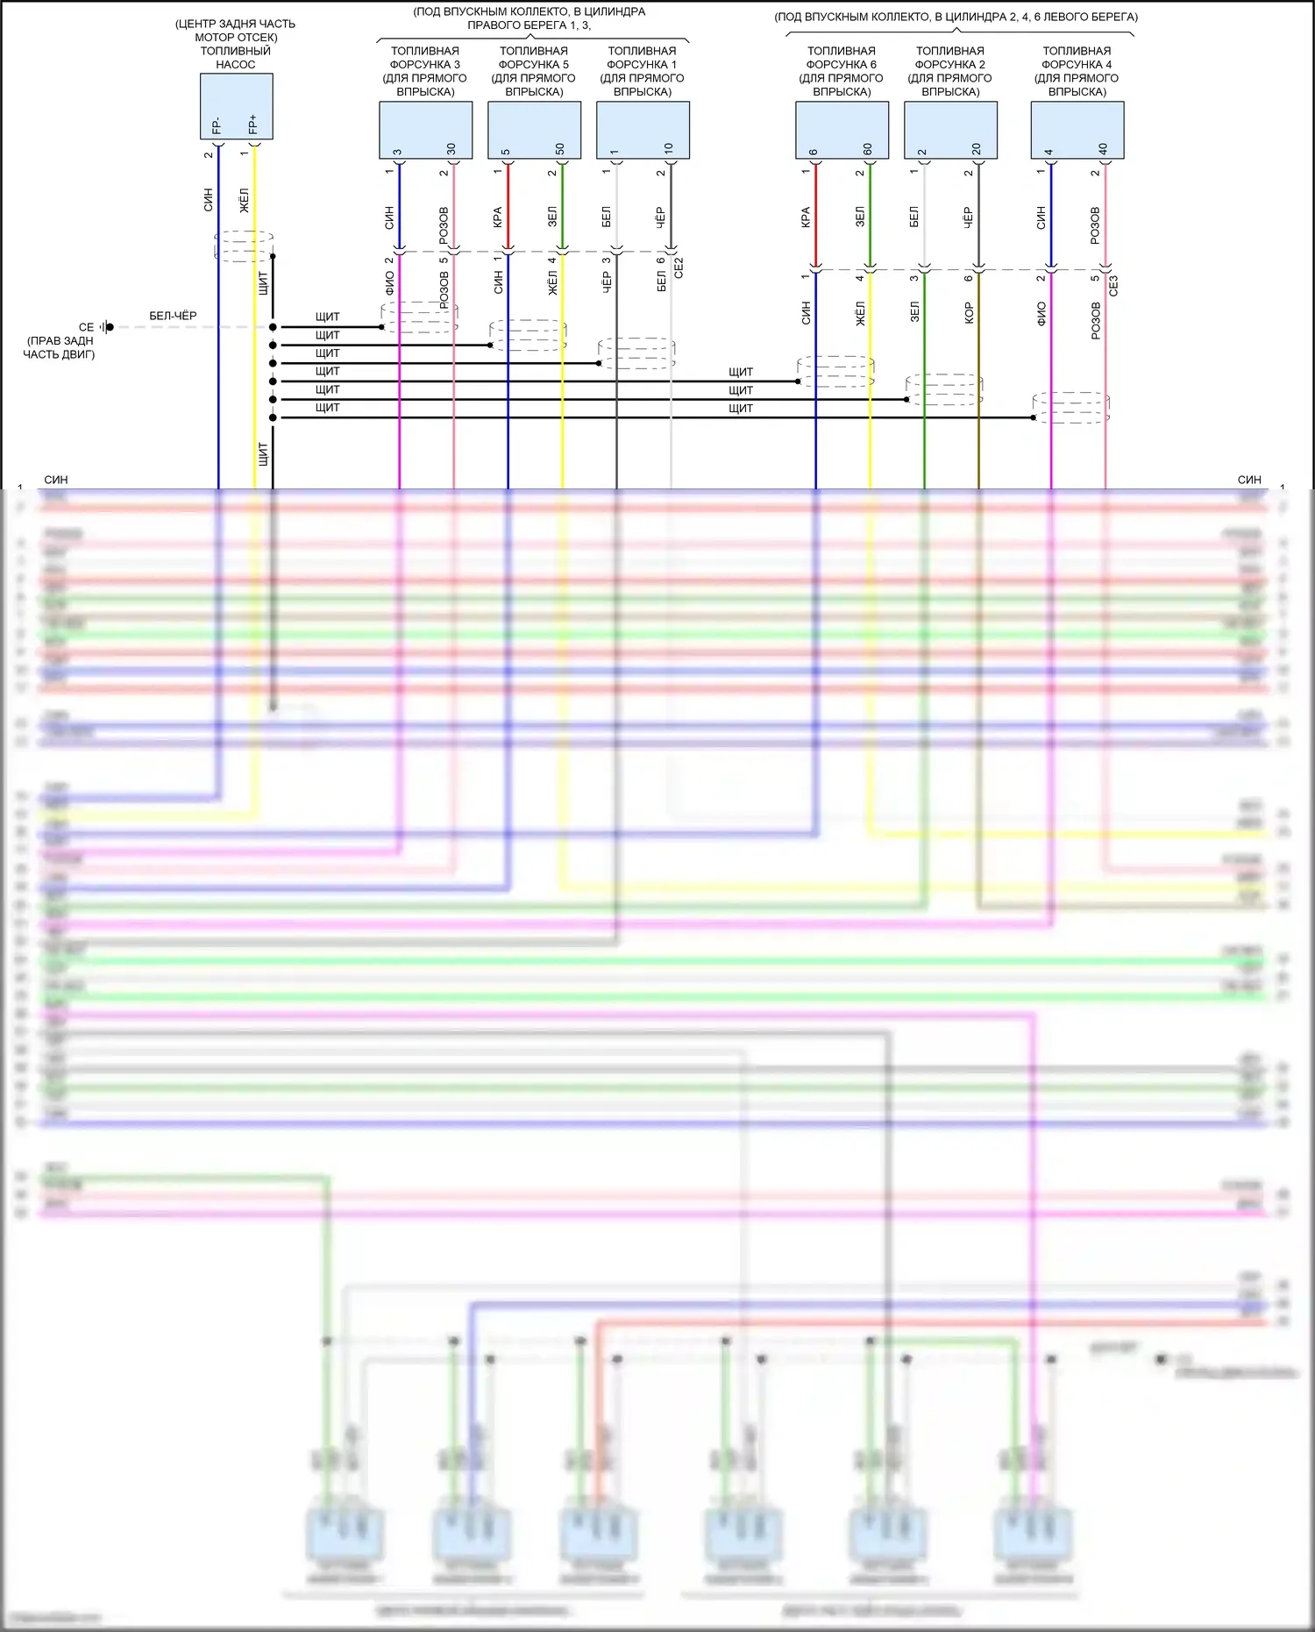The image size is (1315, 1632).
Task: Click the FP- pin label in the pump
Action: point(217,125)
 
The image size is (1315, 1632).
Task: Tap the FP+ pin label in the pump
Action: point(253,125)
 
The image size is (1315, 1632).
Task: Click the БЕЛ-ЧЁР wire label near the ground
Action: point(173,316)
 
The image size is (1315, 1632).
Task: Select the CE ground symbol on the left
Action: point(106,327)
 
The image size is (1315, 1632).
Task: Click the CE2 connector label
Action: point(679,267)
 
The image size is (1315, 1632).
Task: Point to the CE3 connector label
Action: point(1113,286)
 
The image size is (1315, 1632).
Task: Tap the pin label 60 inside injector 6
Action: point(868,149)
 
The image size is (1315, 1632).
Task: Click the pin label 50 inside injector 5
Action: point(560,149)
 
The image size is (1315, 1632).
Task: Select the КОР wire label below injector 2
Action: point(969,313)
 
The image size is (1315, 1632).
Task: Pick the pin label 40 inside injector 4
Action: point(1103,149)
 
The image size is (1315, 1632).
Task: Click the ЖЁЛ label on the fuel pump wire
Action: point(245,200)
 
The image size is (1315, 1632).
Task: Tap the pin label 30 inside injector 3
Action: point(451,149)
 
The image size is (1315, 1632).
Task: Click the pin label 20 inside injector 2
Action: point(977,149)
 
